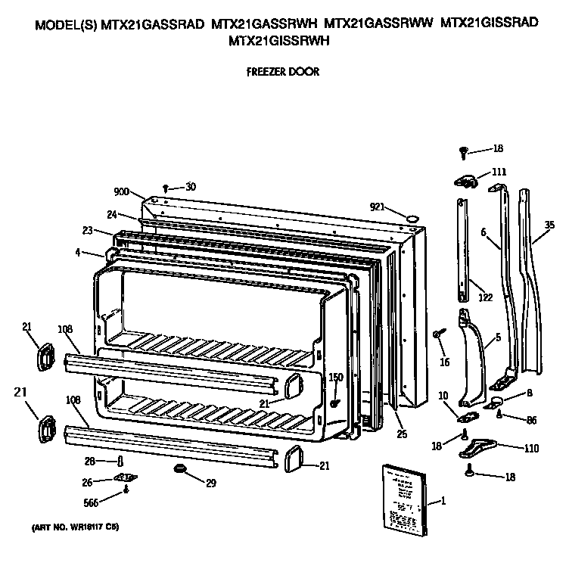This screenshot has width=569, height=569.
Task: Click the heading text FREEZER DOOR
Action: point(283,72)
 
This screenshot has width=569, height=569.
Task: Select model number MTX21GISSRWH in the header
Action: point(279,42)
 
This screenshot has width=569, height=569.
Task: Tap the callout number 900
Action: point(122,191)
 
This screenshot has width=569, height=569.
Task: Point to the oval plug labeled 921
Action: point(413,218)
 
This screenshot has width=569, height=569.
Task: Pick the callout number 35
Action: point(549,225)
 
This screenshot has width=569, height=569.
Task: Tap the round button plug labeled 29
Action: point(180,471)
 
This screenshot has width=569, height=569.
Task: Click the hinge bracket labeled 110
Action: point(477,447)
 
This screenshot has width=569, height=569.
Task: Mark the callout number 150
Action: point(336,377)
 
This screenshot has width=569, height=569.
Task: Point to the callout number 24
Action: point(111,214)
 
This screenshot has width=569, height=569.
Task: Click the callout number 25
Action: point(400,434)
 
